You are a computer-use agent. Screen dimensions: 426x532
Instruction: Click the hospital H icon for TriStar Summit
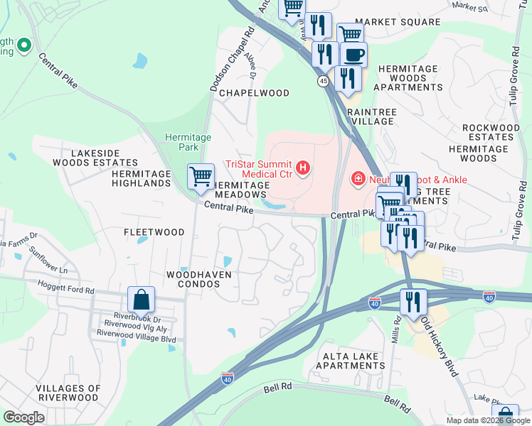point(303,168)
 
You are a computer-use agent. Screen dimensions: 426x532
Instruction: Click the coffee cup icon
point(353,54)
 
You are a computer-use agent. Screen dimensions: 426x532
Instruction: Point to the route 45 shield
point(324,82)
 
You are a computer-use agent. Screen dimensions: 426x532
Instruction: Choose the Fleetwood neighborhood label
point(154,232)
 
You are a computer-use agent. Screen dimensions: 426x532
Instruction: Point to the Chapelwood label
point(254,93)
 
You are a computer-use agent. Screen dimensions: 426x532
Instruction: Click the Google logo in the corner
point(23,417)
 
